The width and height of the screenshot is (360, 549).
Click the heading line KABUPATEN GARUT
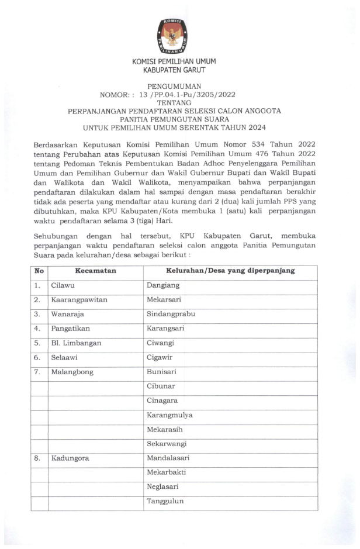point(174,70)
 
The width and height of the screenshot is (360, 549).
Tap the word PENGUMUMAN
point(174,85)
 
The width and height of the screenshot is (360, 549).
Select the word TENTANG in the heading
point(174,102)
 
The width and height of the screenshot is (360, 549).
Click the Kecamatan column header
point(95,271)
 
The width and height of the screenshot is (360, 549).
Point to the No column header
point(39,271)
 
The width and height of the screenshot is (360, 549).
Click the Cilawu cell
point(63,285)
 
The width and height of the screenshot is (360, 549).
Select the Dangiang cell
point(163,285)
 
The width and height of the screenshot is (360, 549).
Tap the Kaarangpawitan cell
point(79,300)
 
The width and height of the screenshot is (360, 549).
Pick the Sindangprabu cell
point(171,314)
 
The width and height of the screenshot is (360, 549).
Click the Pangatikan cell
point(71,329)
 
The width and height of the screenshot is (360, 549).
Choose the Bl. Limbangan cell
point(76,343)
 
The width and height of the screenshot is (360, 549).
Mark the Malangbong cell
point(72,372)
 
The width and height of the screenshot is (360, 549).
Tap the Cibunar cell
point(161,386)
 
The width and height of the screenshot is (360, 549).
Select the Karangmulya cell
point(169,415)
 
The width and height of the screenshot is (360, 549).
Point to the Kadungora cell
point(70,458)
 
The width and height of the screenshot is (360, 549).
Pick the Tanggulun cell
point(165,501)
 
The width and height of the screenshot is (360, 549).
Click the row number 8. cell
point(37,458)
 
